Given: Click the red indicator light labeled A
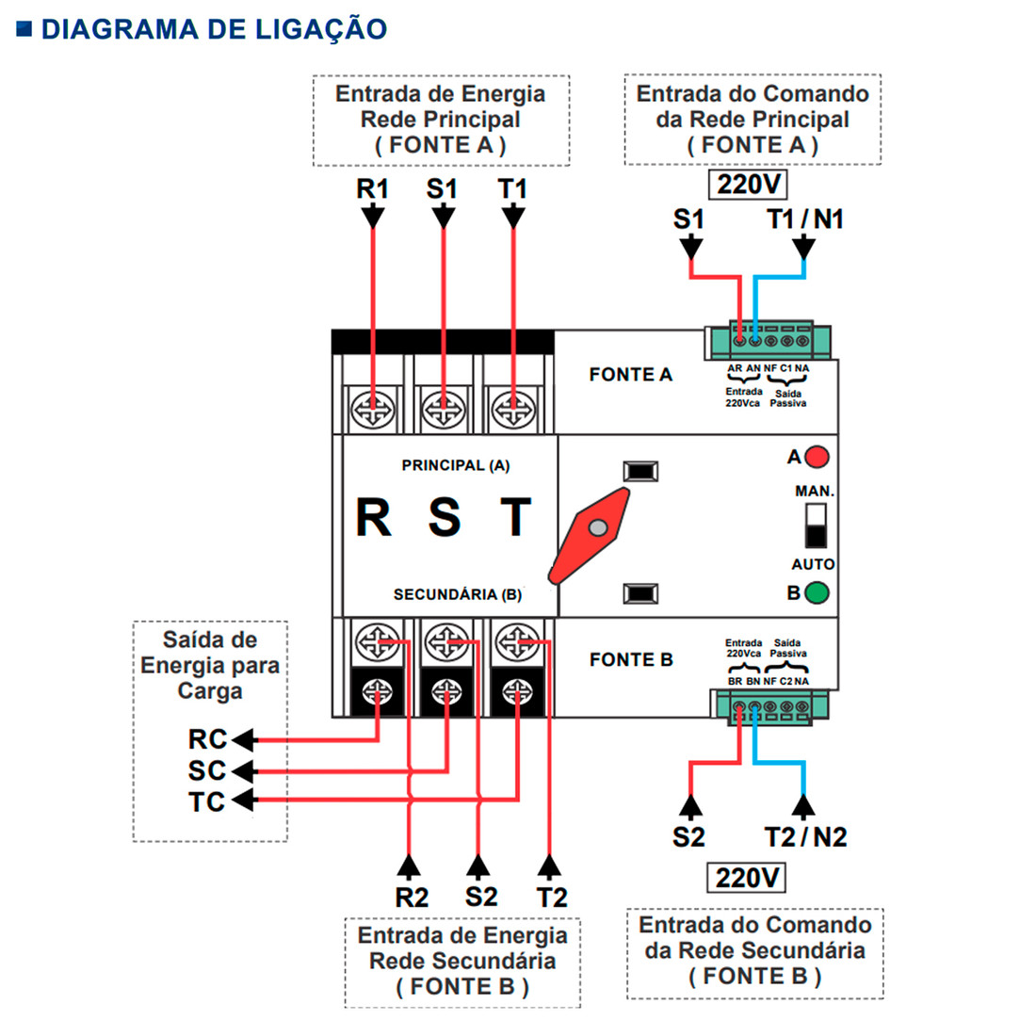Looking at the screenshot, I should pos(817,458).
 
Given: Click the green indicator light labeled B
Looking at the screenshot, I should pos(817,593).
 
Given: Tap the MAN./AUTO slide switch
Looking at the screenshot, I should pos(816,526).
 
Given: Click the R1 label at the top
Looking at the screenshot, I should pos(372,189).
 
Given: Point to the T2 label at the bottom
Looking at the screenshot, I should pos(552,898).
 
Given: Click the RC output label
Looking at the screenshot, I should pos(207,739).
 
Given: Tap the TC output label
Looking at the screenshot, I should pos(207,802).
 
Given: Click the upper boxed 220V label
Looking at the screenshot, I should pos(748,185).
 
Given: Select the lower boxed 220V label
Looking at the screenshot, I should pos(747,878).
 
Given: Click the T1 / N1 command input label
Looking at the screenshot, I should pos(804,219).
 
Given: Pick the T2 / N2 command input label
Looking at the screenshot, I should pos(805,836).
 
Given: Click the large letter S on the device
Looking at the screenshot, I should pos(445,517).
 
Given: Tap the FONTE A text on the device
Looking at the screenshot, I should pos(631,375).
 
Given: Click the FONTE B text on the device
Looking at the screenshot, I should pos(631,660).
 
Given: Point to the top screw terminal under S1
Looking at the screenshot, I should pos(442,410).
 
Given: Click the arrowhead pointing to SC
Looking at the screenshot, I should pos(243,771).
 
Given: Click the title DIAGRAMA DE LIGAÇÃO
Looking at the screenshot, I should pos(214,29).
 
